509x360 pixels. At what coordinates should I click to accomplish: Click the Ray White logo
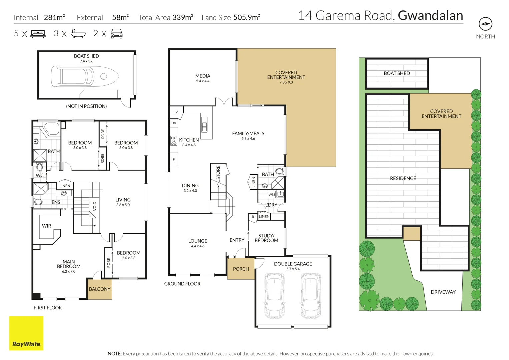point(26,333)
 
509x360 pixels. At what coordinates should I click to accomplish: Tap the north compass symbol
point(485,24)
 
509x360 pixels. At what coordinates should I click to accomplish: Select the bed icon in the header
point(38,34)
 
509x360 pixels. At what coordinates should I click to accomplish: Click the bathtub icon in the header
point(78,34)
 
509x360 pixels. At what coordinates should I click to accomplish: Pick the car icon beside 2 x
point(116,34)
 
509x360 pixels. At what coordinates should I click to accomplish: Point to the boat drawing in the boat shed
point(85,76)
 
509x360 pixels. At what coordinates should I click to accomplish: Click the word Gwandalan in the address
point(430,16)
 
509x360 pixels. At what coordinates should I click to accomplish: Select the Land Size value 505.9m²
point(247,17)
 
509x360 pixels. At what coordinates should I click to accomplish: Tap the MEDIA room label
point(203,76)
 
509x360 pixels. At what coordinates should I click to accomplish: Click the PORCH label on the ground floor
point(241,269)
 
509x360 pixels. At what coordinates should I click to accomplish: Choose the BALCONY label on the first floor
point(99,289)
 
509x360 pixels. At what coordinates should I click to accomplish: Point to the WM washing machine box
point(272,194)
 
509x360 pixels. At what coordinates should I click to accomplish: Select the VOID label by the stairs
point(95,206)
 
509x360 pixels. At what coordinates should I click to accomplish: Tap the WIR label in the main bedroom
point(47,226)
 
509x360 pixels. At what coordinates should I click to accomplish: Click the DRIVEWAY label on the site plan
point(443,292)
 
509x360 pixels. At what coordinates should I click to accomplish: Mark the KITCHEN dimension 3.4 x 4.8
point(189,145)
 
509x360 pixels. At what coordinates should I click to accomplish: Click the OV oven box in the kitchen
point(174,123)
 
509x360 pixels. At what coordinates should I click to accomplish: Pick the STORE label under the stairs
point(218,173)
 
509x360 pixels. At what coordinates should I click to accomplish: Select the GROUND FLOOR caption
point(182,284)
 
